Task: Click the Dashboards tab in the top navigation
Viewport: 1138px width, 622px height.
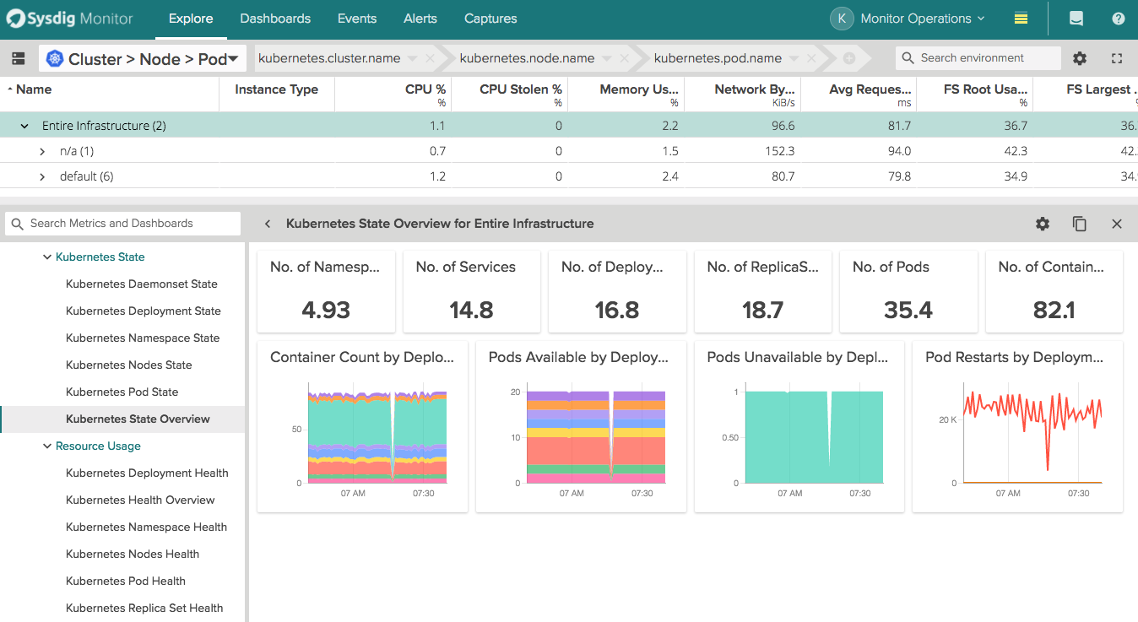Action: [x=275, y=19]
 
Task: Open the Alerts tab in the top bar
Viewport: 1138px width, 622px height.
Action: [x=420, y=19]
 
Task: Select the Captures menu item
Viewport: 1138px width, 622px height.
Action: [x=490, y=19]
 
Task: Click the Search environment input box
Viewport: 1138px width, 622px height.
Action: [x=979, y=58]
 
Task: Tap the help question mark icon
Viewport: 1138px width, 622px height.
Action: [x=1118, y=19]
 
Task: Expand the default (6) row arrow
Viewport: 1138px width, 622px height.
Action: [x=43, y=176]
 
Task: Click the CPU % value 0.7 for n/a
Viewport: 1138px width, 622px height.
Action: [x=436, y=151]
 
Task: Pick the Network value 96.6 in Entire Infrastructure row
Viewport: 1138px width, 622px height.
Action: [x=783, y=126]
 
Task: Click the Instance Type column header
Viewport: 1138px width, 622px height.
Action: [x=276, y=89]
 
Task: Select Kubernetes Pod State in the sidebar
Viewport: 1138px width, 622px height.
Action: [x=122, y=392]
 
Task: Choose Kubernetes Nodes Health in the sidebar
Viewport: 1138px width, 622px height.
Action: [x=132, y=554]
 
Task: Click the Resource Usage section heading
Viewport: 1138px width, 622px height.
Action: [x=98, y=446]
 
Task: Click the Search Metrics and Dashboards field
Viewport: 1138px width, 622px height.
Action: [x=122, y=224]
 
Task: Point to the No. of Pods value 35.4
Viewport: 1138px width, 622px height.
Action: [x=908, y=310]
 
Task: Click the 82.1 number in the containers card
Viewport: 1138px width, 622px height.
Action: [x=1054, y=310]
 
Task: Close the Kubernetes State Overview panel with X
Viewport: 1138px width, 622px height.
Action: [x=1117, y=224]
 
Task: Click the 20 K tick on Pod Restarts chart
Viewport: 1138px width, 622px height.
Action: [x=947, y=419]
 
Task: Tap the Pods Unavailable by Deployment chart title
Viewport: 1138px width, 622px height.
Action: [x=797, y=357]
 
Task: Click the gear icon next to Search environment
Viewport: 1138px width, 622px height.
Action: [x=1080, y=58]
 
